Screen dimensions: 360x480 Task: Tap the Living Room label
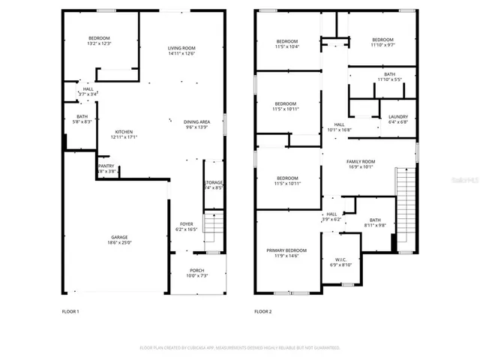[181, 49]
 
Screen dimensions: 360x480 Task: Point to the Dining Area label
[196, 121]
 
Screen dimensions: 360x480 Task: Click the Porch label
[196, 272]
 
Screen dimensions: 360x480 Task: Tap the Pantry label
[106, 166]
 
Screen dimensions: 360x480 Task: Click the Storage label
[214, 183]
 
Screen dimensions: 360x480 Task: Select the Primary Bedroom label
[286, 250]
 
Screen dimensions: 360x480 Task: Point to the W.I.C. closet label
[340, 259]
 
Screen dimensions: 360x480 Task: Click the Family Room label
[361, 162]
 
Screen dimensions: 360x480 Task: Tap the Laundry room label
[397, 117]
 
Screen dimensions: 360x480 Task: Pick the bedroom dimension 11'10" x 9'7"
[382, 45]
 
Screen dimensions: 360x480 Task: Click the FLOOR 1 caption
[70, 310]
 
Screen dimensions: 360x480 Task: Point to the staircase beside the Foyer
[214, 227]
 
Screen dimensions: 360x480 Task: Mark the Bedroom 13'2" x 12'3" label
[99, 40]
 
